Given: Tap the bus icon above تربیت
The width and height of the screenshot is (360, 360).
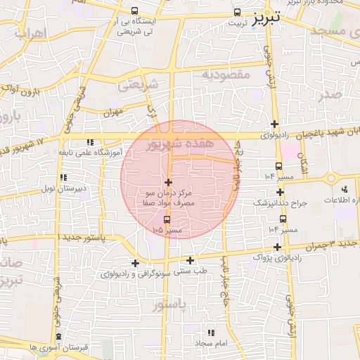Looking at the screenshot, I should pyautogui.click(x=237, y=12).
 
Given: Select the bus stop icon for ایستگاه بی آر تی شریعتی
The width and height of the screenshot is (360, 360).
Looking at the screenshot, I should pyautogui.click(x=134, y=11).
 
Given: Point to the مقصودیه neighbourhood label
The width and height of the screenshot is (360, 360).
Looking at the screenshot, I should pyautogui.click(x=226, y=73).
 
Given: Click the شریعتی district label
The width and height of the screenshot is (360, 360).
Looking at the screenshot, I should pyautogui.click(x=138, y=85).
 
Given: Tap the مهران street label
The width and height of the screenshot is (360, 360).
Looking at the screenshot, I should pyautogui.click(x=112, y=112).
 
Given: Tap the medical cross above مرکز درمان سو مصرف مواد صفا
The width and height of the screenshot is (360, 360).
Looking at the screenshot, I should pyautogui.click(x=168, y=182).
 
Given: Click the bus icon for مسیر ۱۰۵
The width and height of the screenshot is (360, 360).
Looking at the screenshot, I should pyautogui.click(x=166, y=220).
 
